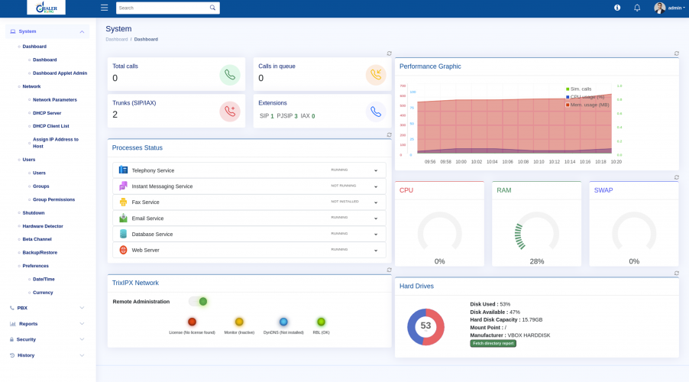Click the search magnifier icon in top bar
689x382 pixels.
(x=212, y=8)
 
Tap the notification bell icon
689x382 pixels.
(x=637, y=8)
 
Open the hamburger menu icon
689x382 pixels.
(x=104, y=8)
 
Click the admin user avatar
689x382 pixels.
(x=659, y=8)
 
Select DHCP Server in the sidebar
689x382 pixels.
(x=47, y=113)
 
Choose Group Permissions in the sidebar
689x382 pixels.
(x=53, y=199)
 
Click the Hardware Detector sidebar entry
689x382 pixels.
(x=43, y=226)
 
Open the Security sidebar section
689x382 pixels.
(x=26, y=339)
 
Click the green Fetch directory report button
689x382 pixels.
(x=493, y=344)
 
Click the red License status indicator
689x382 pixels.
(x=192, y=322)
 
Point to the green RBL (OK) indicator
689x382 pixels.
(x=321, y=322)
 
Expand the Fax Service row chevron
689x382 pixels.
(x=376, y=202)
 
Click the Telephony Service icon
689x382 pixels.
(x=123, y=170)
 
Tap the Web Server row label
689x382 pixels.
(x=145, y=250)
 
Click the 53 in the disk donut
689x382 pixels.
(x=425, y=325)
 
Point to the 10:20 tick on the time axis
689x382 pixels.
(x=616, y=162)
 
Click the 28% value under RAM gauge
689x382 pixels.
(x=537, y=261)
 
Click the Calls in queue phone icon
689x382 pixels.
(x=375, y=75)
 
